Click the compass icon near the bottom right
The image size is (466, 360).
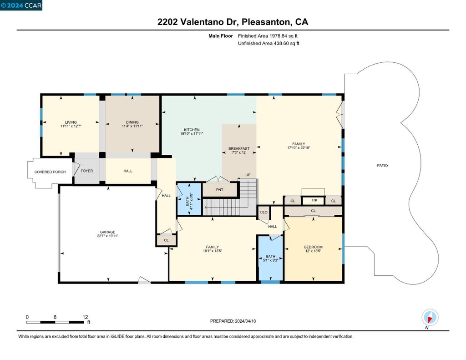(x=430, y=317)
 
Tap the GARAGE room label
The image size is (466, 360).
(x=107, y=232)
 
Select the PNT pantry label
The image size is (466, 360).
(x=220, y=190)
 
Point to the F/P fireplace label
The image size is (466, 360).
(x=314, y=200)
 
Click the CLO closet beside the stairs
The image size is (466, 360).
(x=263, y=212)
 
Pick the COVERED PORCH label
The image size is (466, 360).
(x=50, y=172)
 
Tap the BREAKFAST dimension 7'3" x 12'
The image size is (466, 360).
(x=239, y=152)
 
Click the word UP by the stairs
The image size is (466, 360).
(x=248, y=175)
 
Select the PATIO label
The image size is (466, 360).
(x=382, y=166)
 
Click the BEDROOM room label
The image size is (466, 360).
(x=313, y=247)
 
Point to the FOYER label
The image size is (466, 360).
(x=87, y=171)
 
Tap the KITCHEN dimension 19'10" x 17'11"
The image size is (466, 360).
(x=192, y=134)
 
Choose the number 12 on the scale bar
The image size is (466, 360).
(x=85, y=317)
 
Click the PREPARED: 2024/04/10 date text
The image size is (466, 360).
(x=233, y=321)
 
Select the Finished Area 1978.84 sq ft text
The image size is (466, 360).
(x=268, y=36)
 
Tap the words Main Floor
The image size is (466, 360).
(x=221, y=36)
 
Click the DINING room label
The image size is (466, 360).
(x=132, y=122)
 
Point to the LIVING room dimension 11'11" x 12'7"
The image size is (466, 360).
(x=71, y=126)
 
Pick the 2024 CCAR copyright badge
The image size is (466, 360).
(x=21, y=5)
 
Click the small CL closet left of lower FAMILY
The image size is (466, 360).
(x=166, y=240)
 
